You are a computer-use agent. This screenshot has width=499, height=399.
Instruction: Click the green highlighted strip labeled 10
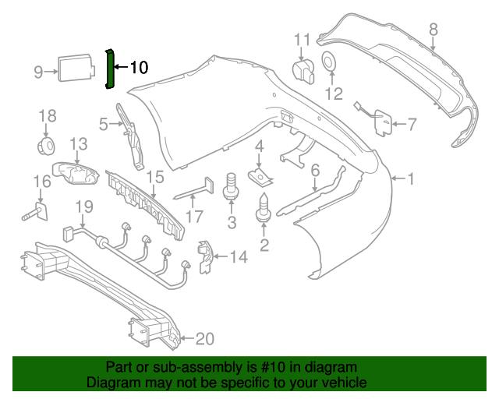(x=110, y=69)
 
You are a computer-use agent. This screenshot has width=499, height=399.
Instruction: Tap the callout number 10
(x=138, y=68)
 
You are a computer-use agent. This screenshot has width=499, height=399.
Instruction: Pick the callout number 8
(x=434, y=30)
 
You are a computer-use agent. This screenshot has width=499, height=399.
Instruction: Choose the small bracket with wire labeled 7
(x=382, y=121)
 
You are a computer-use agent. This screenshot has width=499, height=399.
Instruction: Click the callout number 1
(x=411, y=179)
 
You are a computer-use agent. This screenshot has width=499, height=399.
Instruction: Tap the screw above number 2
(x=264, y=207)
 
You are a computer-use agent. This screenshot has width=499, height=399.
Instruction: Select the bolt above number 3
(x=231, y=186)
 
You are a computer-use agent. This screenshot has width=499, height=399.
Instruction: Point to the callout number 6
(x=315, y=170)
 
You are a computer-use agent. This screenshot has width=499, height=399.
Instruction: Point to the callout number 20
(x=204, y=338)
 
